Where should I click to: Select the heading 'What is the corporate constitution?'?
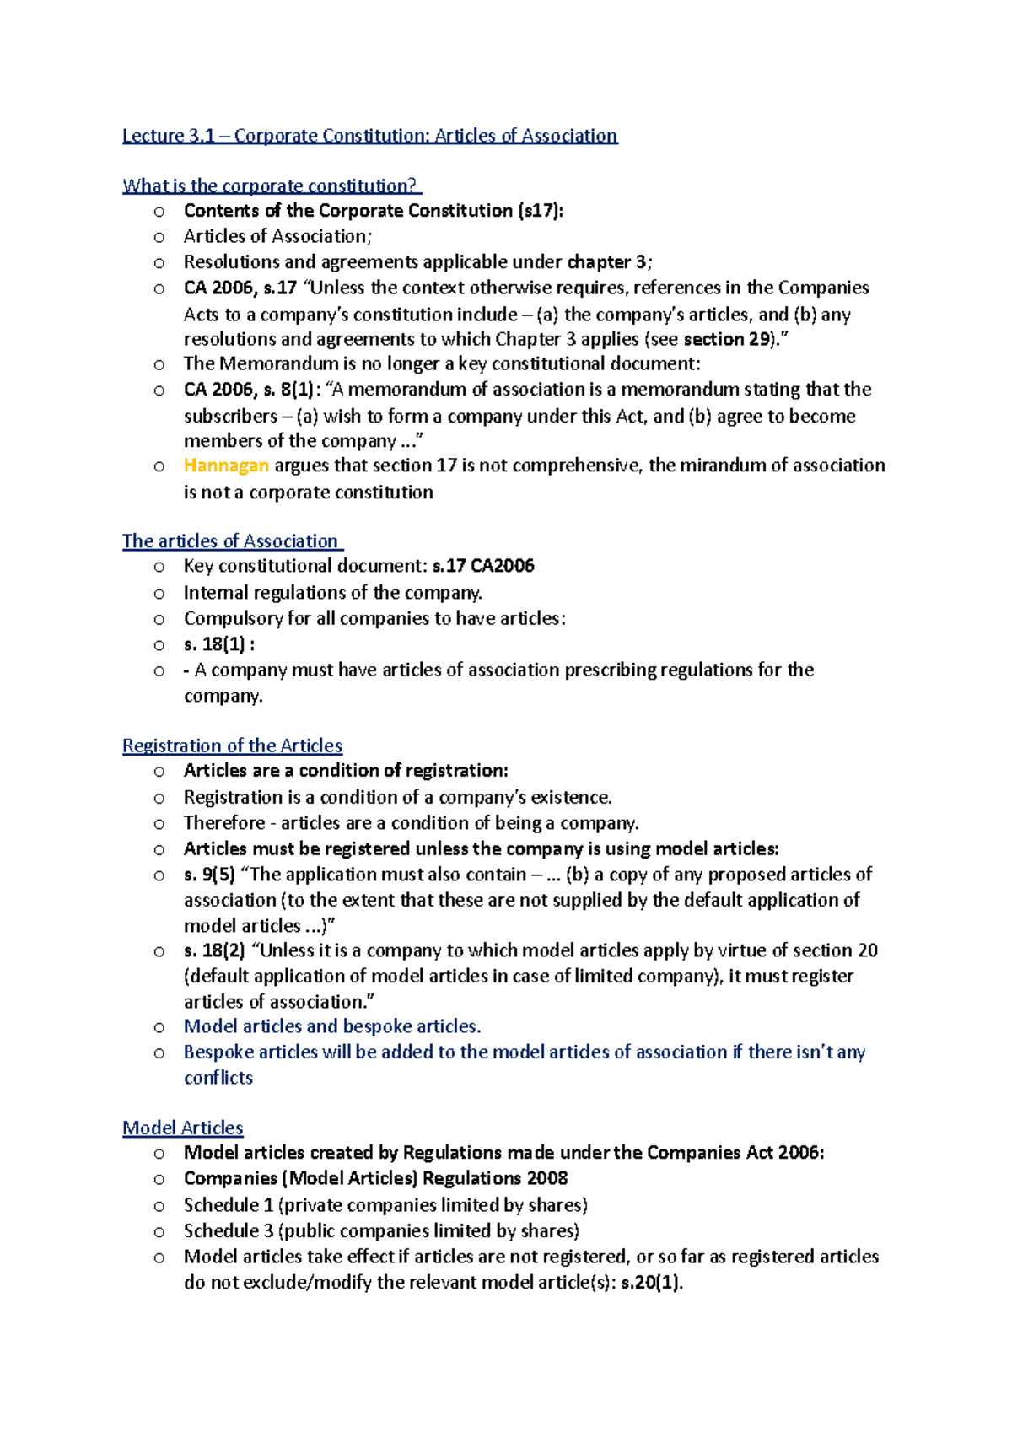[x=271, y=186]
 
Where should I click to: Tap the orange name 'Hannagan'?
[x=226, y=466]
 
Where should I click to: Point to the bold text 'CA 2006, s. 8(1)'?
[x=251, y=390]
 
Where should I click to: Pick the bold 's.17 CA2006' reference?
[x=483, y=566]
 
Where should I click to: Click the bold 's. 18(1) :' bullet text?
[x=218, y=644]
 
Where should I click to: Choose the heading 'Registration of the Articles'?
[x=232, y=746]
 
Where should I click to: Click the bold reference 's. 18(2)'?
[x=214, y=950]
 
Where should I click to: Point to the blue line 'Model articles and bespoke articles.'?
[x=332, y=1026]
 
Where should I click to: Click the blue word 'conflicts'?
[x=218, y=1078]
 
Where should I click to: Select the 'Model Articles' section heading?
[x=183, y=1128]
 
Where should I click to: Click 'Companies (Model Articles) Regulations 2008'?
[x=375, y=1178]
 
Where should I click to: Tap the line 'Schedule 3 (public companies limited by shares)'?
[x=381, y=1230]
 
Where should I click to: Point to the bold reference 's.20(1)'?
[x=651, y=1283]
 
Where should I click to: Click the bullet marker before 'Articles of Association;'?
[x=159, y=237]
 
